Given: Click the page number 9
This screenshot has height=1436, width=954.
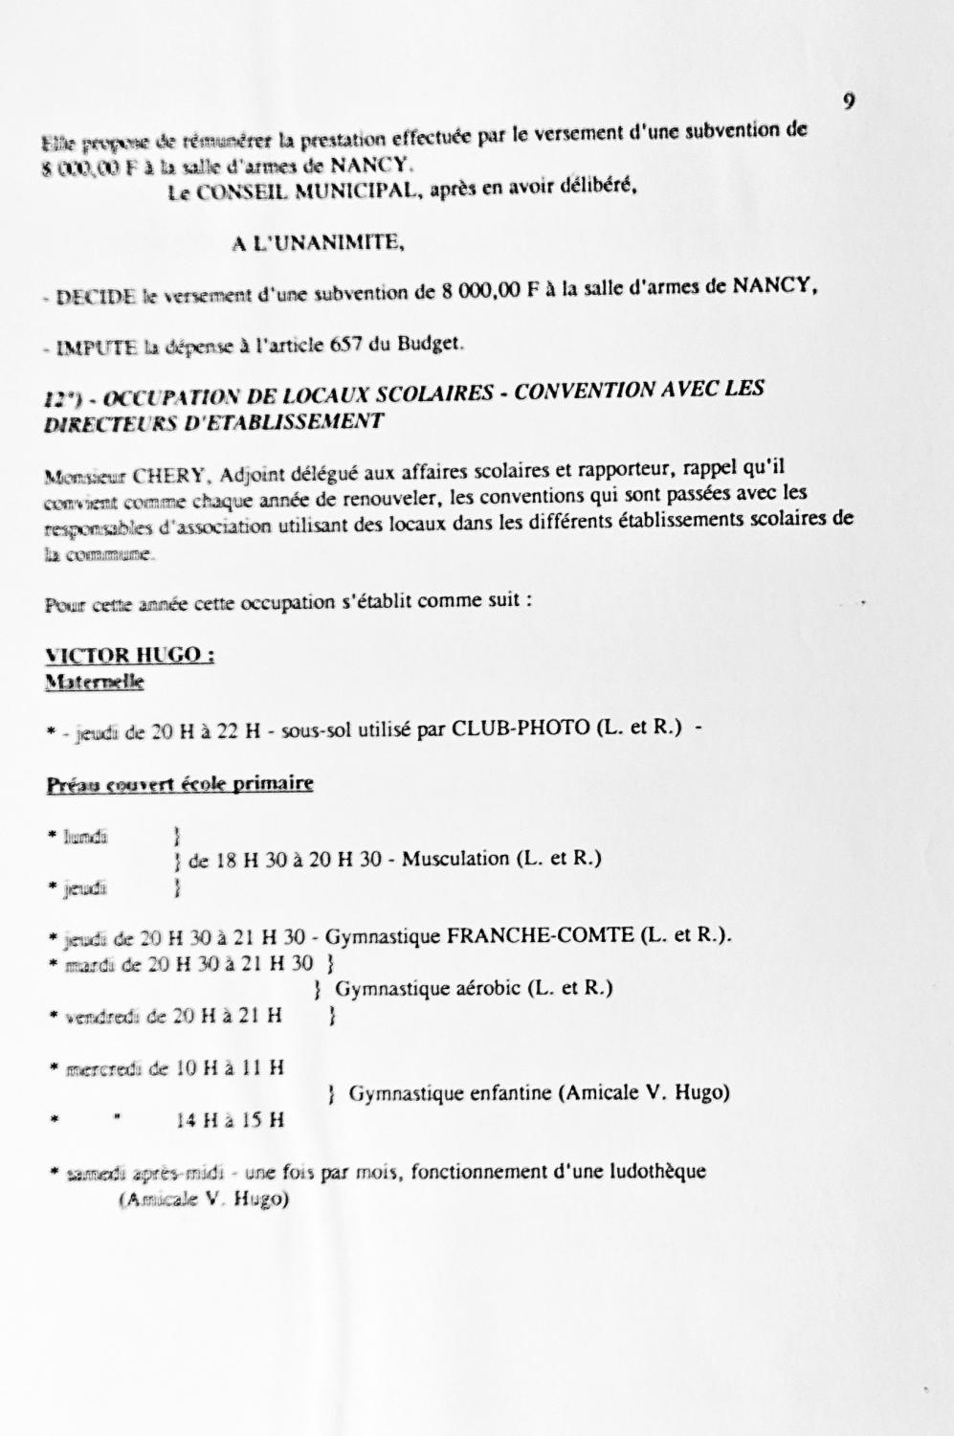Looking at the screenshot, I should pos(849,101).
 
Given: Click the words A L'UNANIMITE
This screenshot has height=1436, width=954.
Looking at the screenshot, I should pos(318,243).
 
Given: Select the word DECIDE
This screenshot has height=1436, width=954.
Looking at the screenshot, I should pos(96,297).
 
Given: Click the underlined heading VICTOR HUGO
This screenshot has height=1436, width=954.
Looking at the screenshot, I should pos(128,656).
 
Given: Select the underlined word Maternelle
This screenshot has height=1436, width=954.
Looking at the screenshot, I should pos(94,682).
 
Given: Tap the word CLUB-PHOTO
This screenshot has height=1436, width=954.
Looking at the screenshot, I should pos(520,728).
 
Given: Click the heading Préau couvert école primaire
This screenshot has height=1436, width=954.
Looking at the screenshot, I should pos(180,785).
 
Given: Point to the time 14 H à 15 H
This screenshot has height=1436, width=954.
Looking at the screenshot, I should pos(231,1118).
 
